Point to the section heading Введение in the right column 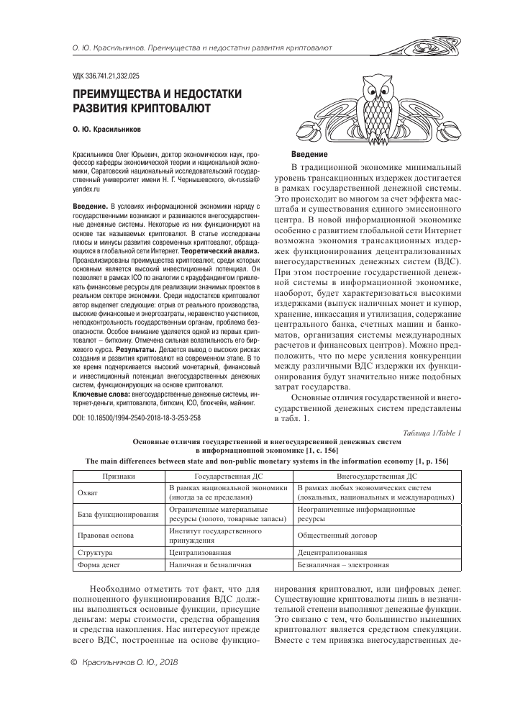coord(309,155)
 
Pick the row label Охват coord(86,493)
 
